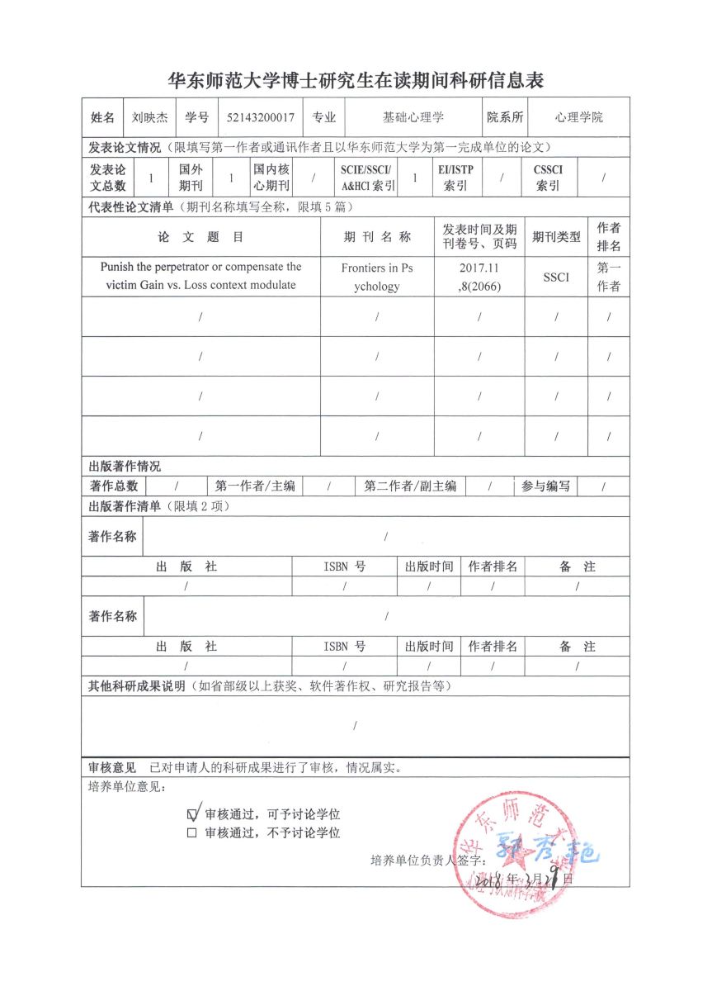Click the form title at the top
coord(356,80)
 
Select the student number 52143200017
coord(260,117)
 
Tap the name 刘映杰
coord(150,117)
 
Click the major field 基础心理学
coord(413,117)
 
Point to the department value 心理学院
coord(579,117)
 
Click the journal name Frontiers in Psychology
coord(377,277)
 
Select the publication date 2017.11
coord(479,268)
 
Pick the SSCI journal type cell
coord(556,277)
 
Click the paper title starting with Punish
coord(200,277)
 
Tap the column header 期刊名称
coord(377,237)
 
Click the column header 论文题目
coord(200,237)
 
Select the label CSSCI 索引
coord(549,178)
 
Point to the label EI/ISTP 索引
coord(455,178)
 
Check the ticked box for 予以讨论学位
coord(193,813)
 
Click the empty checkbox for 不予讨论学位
coord(192,833)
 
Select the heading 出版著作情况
coord(125,467)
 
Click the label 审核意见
coord(111,767)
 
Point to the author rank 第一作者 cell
coord(609,277)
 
